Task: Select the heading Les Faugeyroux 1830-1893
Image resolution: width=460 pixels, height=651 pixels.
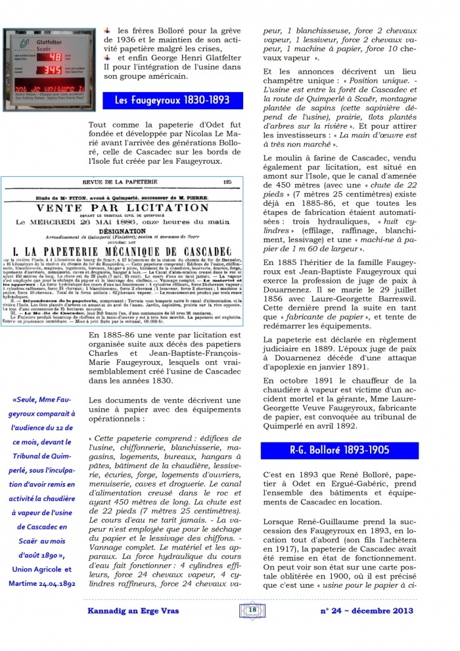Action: click(172, 101)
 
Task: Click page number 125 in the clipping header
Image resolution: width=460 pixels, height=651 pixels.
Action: click(227, 182)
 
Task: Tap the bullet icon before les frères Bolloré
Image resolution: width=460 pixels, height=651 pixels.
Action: click(108, 30)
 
